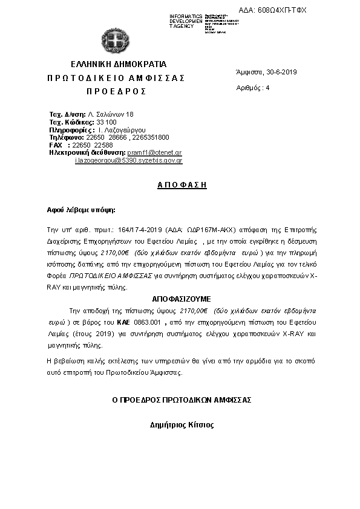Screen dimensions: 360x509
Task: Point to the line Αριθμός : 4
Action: (x=253, y=88)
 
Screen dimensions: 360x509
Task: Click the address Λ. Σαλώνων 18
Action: (x=111, y=114)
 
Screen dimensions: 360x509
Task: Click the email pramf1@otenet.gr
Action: (x=154, y=153)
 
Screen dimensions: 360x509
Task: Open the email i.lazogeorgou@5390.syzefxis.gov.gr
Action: (x=128, y=161)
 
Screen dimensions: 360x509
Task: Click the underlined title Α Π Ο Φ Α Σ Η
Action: (x=178, y=186)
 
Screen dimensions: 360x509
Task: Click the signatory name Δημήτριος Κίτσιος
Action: (x=182, y=424)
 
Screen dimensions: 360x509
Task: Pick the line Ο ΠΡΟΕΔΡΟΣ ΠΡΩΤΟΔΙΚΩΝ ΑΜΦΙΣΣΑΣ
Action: (x=182, y=400)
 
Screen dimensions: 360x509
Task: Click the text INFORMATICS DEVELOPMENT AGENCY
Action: (x=186, y=21)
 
